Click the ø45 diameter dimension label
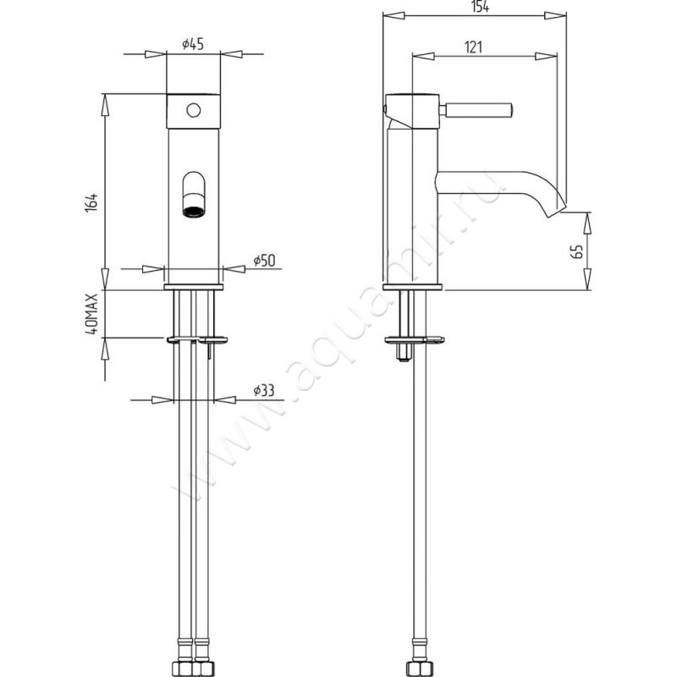click(x=193, y=44)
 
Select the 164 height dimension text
click(x=92, y=202)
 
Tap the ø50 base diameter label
click(x=264, y=261)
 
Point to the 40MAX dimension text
click(x=92, y=313)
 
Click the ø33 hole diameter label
click(x=264, y=391)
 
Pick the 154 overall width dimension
click(x=480, y=7)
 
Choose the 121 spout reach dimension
click(x=473, y=47)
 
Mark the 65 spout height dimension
click(x=577, y=251)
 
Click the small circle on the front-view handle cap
click(x=194, y=111)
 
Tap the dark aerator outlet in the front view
click(x=194, y=212)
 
